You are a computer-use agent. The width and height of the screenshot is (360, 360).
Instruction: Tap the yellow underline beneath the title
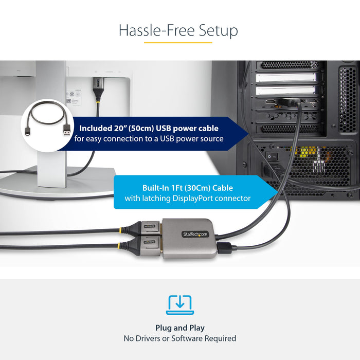pos(178,42)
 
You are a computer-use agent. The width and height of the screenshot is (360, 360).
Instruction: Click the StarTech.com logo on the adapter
pos(195,235)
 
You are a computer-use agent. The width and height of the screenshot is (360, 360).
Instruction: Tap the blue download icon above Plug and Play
pos(180,305)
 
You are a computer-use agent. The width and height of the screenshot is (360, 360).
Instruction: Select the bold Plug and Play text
pos(180,328)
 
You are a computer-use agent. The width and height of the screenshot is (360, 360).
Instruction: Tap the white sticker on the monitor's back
pos(73,98)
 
